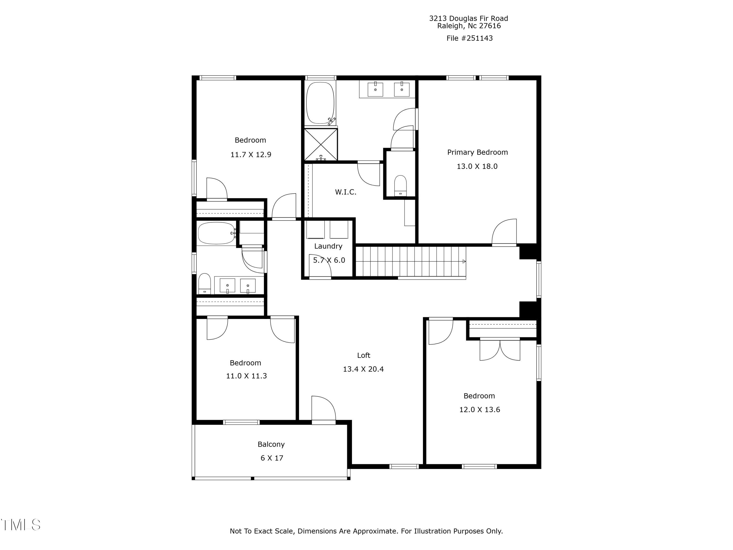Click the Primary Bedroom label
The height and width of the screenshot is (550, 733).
[477, 152]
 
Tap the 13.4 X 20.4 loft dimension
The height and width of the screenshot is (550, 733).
[363, 369]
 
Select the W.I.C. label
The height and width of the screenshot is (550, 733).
[345, 192]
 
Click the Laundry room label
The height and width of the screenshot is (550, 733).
[328, 246]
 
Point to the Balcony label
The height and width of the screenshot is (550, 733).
[271, 444]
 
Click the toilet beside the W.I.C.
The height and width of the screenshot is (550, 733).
[400, 186]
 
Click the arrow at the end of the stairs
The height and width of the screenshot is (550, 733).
[464, 262]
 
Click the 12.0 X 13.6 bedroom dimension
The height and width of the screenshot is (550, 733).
[479, 409]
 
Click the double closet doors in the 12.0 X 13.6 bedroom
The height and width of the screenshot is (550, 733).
[500, 350]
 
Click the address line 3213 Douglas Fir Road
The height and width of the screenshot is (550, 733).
[468, 19]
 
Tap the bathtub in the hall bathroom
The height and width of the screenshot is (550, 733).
[216, 233]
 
